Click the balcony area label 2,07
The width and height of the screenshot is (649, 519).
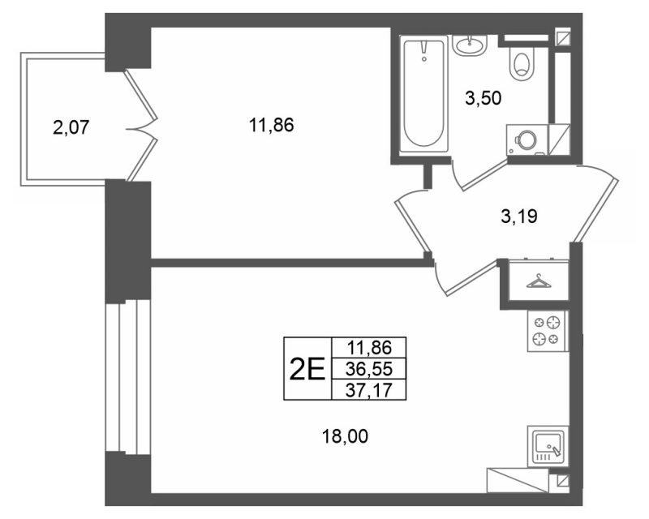click(x=71, y=127)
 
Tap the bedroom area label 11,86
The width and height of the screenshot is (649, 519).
click(x=271, y=125)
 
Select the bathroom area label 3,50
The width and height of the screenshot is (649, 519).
click(x=483, y=98)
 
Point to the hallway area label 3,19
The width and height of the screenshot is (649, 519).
click(x=519, y=216)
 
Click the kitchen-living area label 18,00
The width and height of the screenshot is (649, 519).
click(x=345, y=436)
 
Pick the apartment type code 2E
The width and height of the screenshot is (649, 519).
click(x=307, y=369)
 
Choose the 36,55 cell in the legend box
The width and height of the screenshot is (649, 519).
click(x=369, y=368)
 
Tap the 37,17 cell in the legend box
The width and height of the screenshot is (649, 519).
click(x=369, y=390)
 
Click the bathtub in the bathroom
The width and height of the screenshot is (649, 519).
click(x=423, y=93)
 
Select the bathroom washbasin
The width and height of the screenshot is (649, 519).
click(x=470, y=45)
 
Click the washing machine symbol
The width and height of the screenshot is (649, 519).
click(x=527, y=140)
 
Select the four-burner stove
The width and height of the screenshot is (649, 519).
click(x=546, y=332)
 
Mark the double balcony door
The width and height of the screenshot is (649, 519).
click(x=142, y=127)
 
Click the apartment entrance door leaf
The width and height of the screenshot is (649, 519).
click(x=595, y=203)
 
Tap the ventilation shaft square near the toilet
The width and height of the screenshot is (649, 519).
click(x=563, y=37)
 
